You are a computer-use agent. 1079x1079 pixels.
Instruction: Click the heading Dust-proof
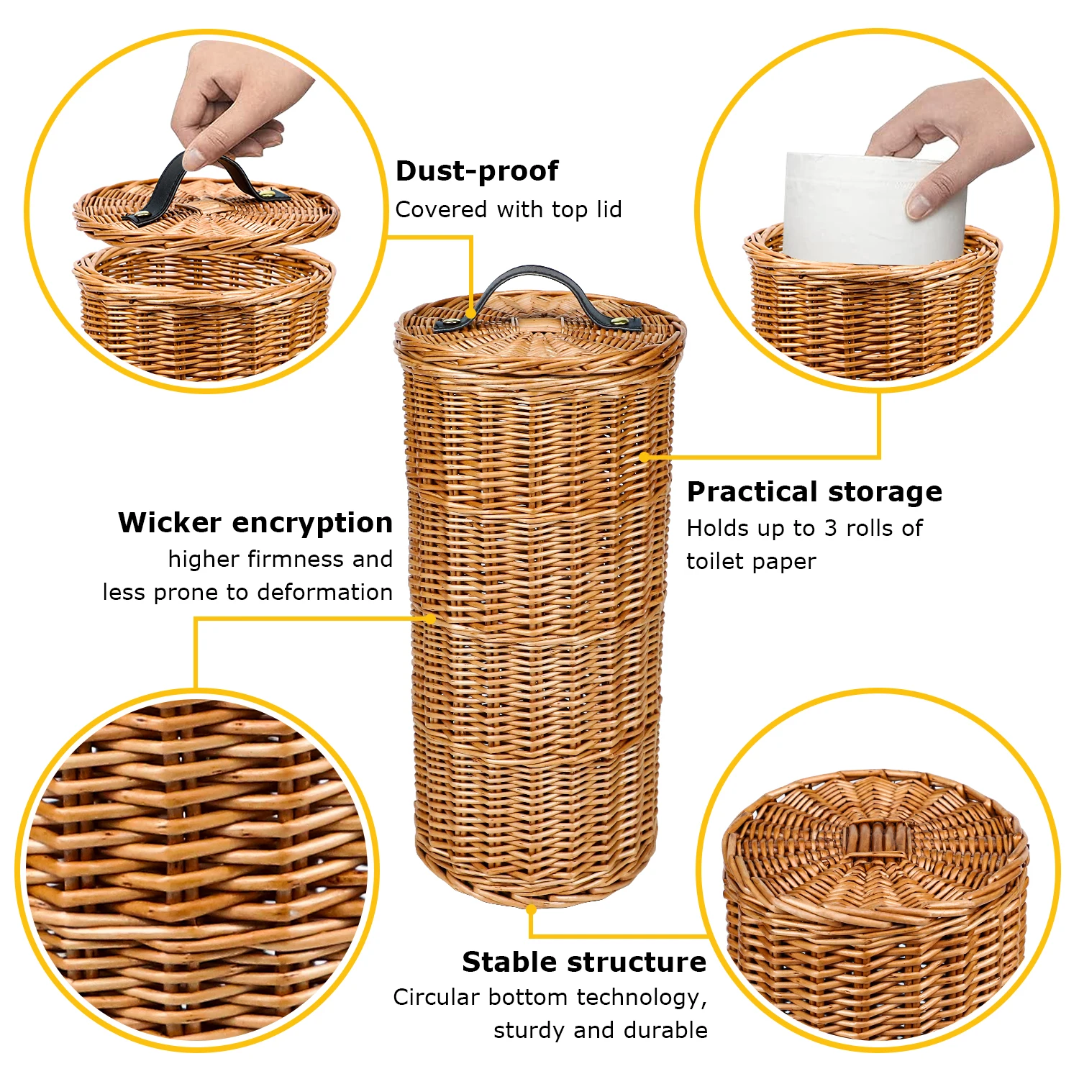tap(477, 171)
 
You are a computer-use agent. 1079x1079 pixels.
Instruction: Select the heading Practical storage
tap(814, 492)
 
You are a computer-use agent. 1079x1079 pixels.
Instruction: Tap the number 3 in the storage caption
tap(831, 528)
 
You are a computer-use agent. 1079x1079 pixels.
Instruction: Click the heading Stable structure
tap(584, 962)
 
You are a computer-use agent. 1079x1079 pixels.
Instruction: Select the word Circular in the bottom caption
tap(436, 997)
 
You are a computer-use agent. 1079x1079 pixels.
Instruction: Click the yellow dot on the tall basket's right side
tap(644, 457)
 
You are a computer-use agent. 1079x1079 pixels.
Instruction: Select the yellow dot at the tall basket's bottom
tap(531, 909)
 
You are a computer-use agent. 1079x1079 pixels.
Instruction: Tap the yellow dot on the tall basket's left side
tap(430, 618)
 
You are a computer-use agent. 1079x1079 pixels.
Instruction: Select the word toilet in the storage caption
tap(714, 561)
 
